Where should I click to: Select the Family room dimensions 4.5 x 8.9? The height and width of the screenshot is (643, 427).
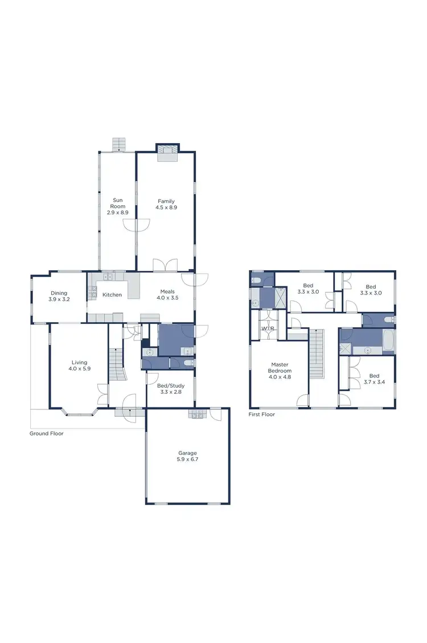click(166, 208)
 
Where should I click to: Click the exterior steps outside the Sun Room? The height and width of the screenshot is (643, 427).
click(119, 144)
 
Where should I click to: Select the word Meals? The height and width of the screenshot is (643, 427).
click(167, 291)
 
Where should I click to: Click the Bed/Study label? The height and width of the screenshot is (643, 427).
click(170, 385)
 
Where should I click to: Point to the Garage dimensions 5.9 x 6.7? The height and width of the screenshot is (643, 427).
click(188, 459)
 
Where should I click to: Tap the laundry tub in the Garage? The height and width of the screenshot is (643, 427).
click(197, 415)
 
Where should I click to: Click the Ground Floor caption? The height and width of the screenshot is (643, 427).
click(47, 434)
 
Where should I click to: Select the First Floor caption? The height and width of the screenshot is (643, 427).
click(262, 414)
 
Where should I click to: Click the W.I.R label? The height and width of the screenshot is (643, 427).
click(266, 329)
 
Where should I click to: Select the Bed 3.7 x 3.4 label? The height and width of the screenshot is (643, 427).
click(373, 379)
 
